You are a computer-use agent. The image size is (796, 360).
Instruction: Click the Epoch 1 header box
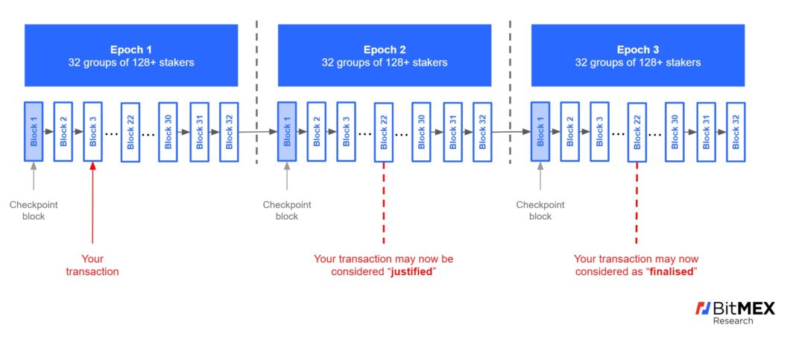coord(131,55)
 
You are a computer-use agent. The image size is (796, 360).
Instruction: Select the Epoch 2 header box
coord(385,55)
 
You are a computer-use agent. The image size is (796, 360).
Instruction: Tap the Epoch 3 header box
coord(637,55)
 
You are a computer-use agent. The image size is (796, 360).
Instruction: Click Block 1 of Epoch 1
coord(34,132)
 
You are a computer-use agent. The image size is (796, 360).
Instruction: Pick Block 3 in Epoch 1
coord(93,132)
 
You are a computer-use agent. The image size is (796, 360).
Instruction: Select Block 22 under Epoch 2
coord(384,133)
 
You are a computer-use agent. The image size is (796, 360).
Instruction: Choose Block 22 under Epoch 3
coord(637,133)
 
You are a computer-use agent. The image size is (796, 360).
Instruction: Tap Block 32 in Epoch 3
coord(736,132)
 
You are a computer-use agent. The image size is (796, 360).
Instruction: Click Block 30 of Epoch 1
coord(168,133)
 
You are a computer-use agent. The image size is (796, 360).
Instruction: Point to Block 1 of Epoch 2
coord(287,132)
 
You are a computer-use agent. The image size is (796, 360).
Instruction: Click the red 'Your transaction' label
coord(92,265)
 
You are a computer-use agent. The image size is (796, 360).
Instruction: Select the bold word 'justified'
coord(411,272)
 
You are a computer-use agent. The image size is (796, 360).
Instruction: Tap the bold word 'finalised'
coord(672,272)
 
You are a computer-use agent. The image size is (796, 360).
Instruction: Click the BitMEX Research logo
coord(734,312)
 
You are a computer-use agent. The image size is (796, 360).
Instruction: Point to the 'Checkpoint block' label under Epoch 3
coord(540,210)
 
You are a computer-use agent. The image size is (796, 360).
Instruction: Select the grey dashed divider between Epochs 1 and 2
coord(257,89)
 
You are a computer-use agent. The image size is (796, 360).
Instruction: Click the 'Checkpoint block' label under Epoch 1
coord(34,210)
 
